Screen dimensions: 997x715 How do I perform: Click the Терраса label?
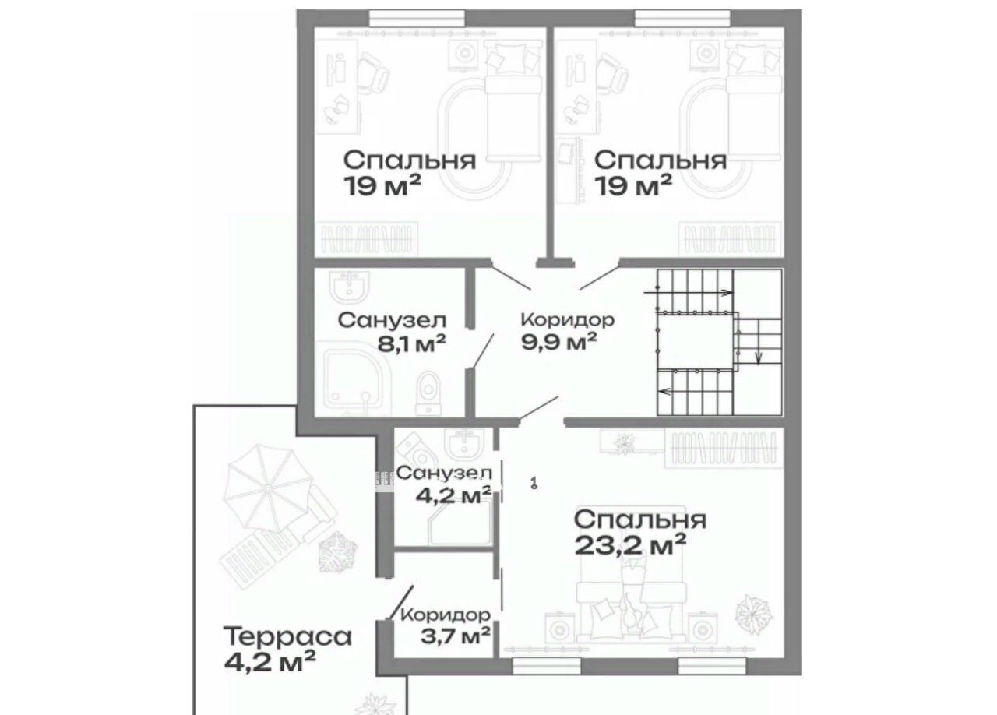287,636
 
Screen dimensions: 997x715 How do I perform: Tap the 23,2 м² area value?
630,544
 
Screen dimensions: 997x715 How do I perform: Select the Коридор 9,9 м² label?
568,331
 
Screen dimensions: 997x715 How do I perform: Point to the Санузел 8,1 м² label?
392,332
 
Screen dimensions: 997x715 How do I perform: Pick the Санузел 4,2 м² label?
444,484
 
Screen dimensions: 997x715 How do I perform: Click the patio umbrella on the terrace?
268,489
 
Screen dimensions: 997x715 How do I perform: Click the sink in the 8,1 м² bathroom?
350,287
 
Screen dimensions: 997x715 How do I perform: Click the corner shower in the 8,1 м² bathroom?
352,382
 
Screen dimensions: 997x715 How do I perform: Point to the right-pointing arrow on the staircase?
688,293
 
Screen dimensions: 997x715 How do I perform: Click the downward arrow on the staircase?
759,347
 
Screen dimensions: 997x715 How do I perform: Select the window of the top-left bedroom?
417,19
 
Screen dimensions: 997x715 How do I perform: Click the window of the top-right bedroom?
682,19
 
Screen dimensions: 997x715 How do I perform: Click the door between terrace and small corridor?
400,602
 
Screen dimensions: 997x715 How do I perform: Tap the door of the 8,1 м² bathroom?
482,351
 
